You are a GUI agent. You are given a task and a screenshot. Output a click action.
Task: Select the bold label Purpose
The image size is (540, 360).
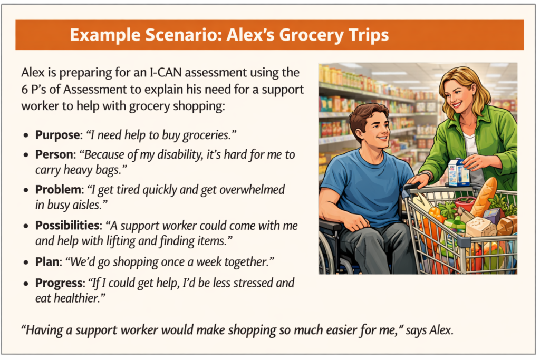[x=57, y=135]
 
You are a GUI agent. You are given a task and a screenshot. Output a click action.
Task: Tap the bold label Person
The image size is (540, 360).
[x=55, y=155]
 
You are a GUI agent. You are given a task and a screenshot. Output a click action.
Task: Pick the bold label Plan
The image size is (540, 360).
[x=48, y=260]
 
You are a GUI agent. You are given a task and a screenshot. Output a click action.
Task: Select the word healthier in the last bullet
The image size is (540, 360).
[x=78, y=298]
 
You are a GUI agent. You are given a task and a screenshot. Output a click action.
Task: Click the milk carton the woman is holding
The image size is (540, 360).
[x=458, y=172]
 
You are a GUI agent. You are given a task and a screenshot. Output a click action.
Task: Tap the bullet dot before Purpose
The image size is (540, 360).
[x=26, y=135]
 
